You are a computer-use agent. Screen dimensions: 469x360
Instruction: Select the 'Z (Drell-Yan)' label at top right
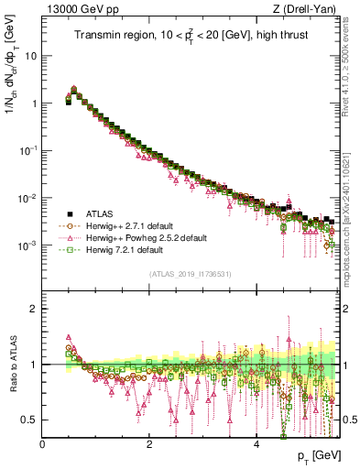[310, 10]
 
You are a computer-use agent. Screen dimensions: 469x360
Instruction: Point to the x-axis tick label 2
[149, 444]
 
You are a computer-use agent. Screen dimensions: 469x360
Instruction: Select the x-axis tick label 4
[256, 444]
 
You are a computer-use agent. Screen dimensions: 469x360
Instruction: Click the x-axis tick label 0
[43, 444]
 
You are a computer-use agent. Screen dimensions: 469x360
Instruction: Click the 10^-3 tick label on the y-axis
[29, 245]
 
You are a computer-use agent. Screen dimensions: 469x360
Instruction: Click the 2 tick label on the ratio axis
[35, 308]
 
